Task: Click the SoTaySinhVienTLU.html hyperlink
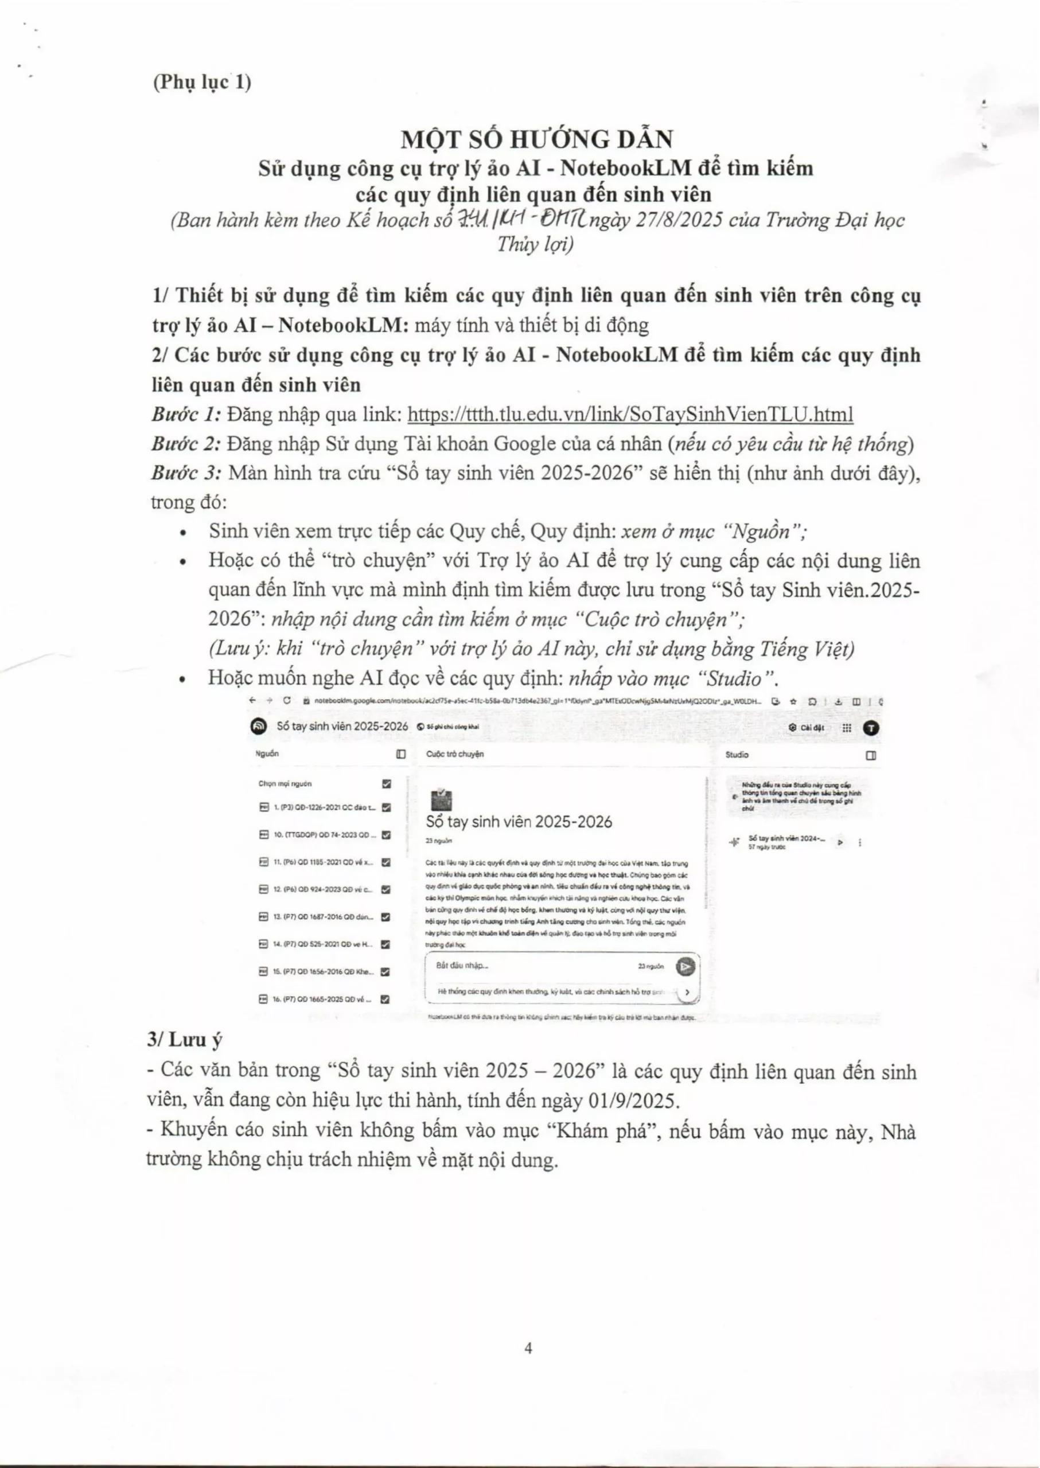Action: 630,414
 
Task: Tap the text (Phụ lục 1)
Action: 202,82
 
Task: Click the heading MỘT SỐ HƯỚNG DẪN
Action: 537,139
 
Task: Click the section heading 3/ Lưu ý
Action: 185,1039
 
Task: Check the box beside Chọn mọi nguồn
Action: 386,784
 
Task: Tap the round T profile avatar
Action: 871,728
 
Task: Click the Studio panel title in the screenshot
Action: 737,755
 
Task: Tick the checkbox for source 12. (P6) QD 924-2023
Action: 386,889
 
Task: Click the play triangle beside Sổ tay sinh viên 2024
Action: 840,842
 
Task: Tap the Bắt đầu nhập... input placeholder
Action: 462,966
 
